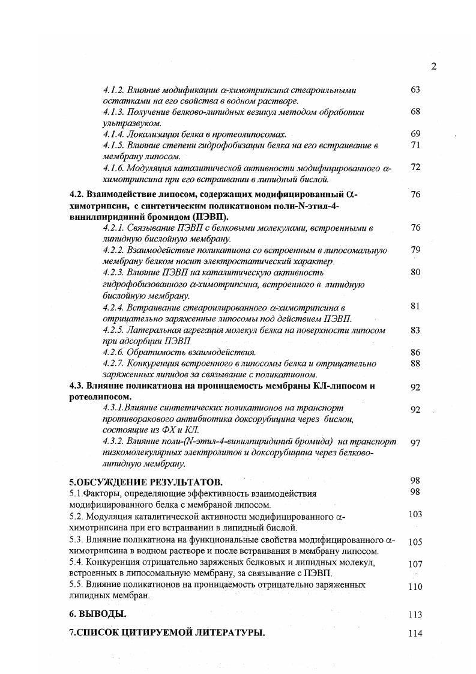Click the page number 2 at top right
433,67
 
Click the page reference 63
415,90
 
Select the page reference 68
415,112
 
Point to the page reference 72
415,167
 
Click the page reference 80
415,272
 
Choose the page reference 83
415,330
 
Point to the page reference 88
415,363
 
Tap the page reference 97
415,443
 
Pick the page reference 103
415,515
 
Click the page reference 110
415,587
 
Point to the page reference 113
415,615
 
